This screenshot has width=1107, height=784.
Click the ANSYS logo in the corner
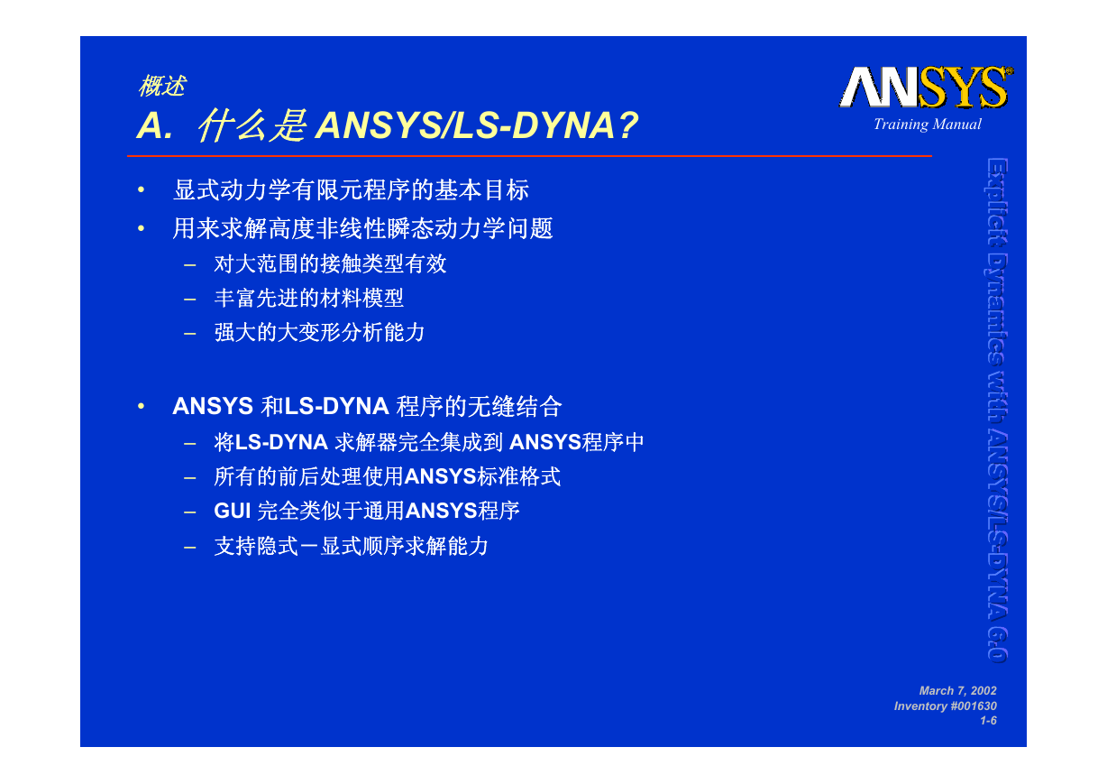click(x=926, y=87)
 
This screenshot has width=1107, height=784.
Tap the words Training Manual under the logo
click(x=927, y=125)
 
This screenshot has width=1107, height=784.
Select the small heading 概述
click(x=161, y=86)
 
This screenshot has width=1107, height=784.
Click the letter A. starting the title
click(x=155, y=125)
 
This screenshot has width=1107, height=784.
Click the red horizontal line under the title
click(x=529, y=156)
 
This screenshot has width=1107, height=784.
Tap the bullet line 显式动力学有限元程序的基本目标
click(x=351, y=190)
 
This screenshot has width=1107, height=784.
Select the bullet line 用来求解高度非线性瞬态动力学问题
click(x=362, y=228)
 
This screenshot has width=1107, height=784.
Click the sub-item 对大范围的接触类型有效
click(x=330, y=263)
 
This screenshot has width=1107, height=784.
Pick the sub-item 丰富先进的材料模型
click(x=309, y=298)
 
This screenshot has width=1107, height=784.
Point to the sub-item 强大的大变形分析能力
click(x=319, y=332)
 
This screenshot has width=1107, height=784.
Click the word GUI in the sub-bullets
click(x=233, y=511)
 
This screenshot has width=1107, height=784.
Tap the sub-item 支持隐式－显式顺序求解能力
click(x=352, y=546)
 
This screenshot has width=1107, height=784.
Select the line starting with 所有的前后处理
click(x=388, y=476)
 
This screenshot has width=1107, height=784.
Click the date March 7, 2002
click(x=957, y=690)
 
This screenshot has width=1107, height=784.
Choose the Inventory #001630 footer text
click(x=946, y=706)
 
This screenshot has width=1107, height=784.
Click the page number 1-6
click(x=988, y=721)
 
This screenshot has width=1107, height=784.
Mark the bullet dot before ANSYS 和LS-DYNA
click(x=141, y=406)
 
